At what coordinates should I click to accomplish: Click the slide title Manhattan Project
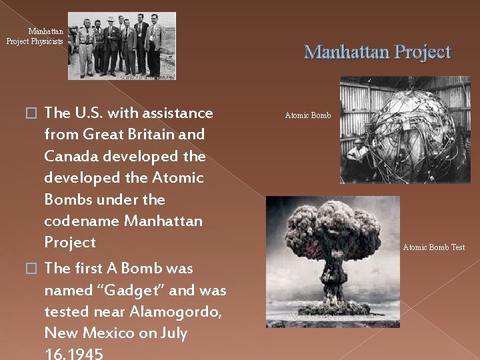pyautogui.click(x=377, y=52)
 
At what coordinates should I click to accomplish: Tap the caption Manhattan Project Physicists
pyautogui.click(x=35, y=37)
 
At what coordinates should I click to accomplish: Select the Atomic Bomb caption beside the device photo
pyautogui.click(x=307, y=115)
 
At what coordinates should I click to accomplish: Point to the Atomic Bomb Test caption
pyautogui.click(x=433, y=247)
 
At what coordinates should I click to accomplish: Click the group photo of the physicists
pyautogui.click(x=122, y=46)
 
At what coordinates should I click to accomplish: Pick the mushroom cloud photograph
pyautogui.click(x=333, y=261)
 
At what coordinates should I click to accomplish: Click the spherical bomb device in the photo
pyautogui.click(x=393, y=130)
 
